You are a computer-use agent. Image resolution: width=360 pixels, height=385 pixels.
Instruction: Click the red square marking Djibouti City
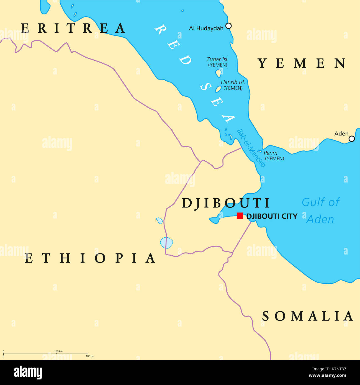240,216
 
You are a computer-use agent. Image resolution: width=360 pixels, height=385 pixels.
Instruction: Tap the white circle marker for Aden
351,139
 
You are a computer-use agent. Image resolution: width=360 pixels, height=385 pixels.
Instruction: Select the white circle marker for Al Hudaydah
228,26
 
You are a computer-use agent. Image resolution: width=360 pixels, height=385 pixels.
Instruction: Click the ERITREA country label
73,28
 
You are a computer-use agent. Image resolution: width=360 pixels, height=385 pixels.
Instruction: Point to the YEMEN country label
302,63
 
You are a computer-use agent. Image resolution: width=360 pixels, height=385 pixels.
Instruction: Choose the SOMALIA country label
308,316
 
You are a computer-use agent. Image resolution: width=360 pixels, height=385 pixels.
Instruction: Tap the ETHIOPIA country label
90,258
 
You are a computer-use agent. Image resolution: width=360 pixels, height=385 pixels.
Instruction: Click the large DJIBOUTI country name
225,203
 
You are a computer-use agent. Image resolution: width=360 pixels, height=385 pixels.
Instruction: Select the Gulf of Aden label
320,211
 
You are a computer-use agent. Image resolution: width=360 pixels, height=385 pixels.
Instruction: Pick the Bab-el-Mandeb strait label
251,148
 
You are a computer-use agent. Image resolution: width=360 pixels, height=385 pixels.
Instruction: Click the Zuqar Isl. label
217,59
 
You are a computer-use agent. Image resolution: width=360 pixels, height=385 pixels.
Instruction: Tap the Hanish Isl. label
233,82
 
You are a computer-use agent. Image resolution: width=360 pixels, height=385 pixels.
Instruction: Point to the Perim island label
270,153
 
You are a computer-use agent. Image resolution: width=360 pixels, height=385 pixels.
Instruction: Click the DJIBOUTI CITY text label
272,216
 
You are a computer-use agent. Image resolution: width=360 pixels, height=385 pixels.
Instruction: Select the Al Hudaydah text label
206,28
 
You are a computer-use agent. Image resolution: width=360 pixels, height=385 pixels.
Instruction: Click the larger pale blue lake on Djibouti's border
166,243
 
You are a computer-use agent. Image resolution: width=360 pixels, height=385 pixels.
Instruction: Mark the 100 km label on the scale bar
58,351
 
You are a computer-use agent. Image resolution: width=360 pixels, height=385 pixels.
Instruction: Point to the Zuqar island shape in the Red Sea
218,73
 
